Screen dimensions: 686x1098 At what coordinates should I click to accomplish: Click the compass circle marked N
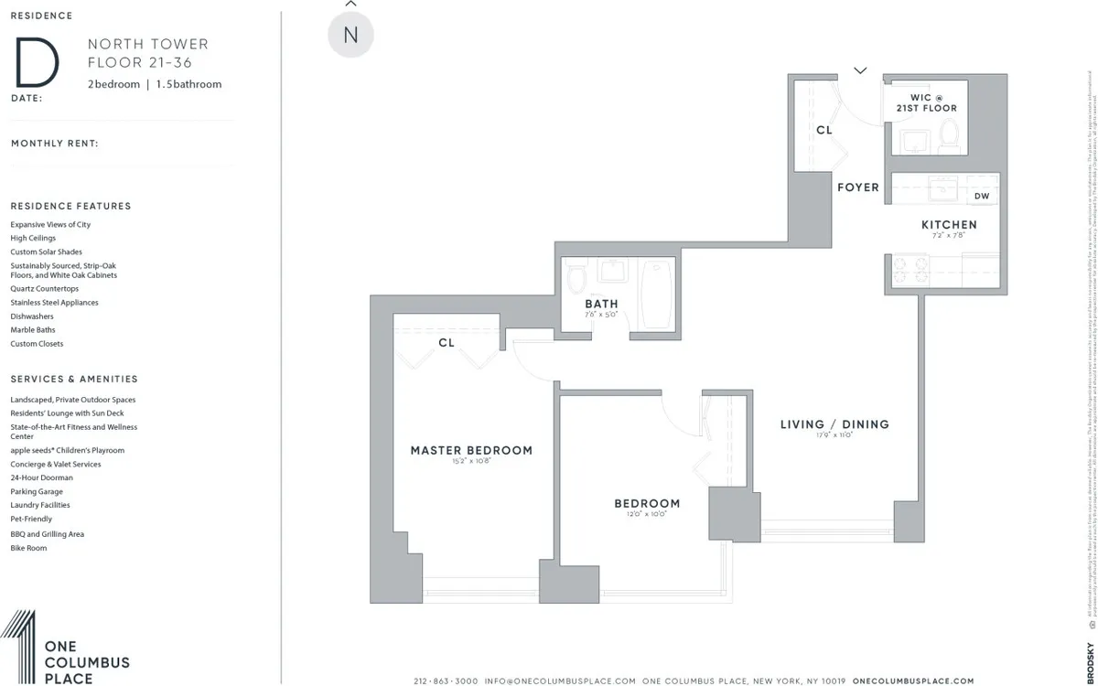coord(350,36)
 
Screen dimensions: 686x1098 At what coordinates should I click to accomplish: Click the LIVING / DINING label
coord(834,424)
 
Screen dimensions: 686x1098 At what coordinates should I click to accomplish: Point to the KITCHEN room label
coord(949,225)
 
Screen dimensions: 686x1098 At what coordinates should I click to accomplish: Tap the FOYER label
coord(857,188)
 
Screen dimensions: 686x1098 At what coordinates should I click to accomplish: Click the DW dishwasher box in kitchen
coord(981,197)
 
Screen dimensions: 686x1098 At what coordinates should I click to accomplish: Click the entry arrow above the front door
coord(860,70)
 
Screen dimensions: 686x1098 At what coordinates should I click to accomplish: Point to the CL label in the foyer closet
coord(823,131)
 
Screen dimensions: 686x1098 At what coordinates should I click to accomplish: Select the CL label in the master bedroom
coord(447,343)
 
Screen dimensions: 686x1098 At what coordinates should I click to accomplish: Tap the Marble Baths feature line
coord(33,330)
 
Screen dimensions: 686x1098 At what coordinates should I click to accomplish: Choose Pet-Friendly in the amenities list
coord(31,520)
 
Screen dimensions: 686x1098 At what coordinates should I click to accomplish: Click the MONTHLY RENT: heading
coord(55,144)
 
